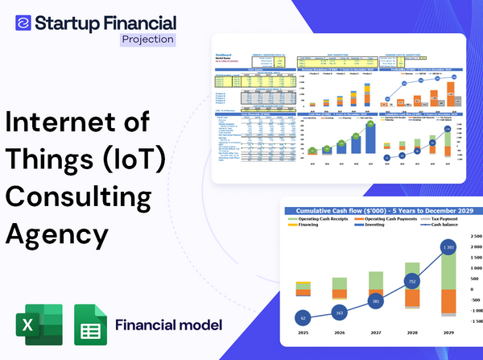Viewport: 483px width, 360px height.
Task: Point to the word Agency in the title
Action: click(56, 234)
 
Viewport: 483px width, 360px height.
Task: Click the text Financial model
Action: click(168, 325)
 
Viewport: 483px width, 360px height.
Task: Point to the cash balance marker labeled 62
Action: click(303, 317)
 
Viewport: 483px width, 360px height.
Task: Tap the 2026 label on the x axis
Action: click(338, 332)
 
